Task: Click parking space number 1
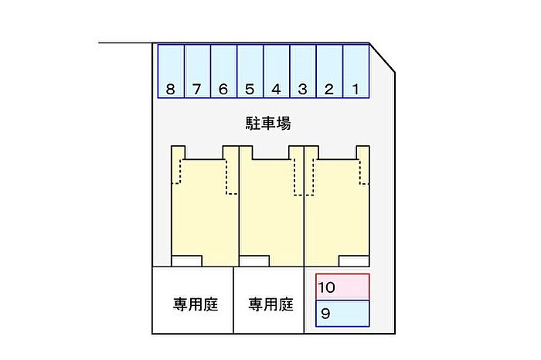pos(356,71)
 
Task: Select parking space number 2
pos(329,71)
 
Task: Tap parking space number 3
pos(303,71)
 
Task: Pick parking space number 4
pos(277,71)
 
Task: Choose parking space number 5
pos(250,71)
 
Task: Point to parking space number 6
pos(223,71)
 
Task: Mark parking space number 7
pos(197,71)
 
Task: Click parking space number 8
pos(171,71)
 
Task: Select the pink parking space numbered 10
pos(342,287)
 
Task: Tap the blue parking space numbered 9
pos(342,314)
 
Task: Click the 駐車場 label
pos(268,124)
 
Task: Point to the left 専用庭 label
pos(196,305)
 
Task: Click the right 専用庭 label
pos(270,305)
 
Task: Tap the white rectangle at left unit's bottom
pos(187,261)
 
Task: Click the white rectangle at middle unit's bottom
pos(254,261)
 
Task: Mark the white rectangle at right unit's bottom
pos(354,261)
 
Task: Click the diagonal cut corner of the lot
pos(383,58)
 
